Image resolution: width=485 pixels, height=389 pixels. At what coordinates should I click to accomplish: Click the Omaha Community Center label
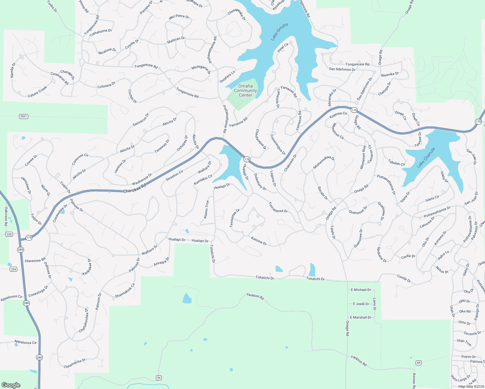point(245,91)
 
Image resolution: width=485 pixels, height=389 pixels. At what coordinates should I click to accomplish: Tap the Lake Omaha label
point(279,32)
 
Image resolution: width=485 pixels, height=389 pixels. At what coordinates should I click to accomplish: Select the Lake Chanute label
point(426,158)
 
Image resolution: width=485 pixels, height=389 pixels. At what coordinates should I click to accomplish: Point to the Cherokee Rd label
point(135,189)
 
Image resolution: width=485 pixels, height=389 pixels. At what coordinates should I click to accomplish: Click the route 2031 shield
point(23,116)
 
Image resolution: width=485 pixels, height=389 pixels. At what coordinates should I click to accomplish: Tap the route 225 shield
point(9,234)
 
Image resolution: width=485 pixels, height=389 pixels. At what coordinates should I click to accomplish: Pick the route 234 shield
point(13,269)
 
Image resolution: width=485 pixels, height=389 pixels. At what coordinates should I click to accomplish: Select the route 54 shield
point(159,378)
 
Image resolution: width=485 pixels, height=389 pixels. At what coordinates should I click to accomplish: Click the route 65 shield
point(419,363)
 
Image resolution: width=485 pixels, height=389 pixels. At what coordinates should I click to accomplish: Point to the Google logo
point(11,385)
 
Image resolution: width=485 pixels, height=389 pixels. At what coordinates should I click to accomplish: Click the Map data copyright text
point(471,386)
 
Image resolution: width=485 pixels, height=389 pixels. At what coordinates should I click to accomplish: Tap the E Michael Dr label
point(361,290)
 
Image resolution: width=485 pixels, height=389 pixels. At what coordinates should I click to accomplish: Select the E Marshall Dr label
point(361,317)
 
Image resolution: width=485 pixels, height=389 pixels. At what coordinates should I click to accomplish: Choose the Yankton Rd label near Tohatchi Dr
point(255,296)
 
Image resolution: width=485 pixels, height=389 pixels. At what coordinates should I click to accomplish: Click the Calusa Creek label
point(37,92)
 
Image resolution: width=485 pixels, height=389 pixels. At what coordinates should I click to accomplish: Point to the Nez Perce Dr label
point(179,17)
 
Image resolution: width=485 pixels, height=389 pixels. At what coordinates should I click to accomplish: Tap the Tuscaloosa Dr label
point(278,207)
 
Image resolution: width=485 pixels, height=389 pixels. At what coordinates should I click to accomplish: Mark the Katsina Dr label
point(259,241)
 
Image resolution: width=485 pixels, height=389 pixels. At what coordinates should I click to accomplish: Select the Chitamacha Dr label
point(75,364)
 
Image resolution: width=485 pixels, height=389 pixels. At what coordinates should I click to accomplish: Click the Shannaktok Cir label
point(125,291)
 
